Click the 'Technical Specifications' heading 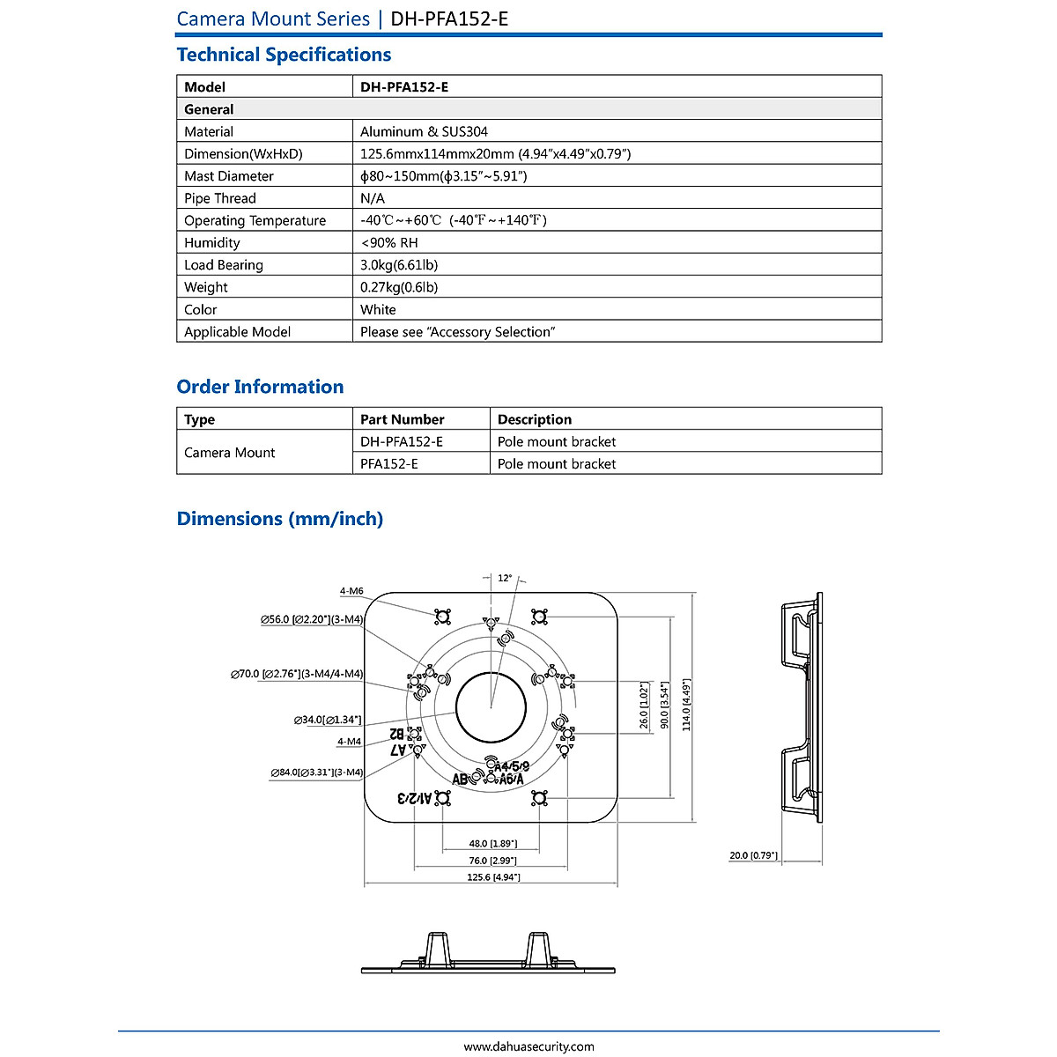[284, 55]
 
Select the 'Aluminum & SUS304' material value [424, 131]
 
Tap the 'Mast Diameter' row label [229, 176]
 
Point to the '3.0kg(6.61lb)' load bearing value [399, 265]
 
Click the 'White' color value [378, 309]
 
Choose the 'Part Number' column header [402, 419]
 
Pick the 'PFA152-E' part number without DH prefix [389, 463]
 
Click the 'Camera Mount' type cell [230, 453]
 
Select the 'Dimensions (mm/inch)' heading [280, 519]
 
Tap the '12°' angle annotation [505, 579]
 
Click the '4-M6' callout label [351, 591]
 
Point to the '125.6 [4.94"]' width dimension [493, 877]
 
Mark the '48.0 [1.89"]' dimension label [492, 844]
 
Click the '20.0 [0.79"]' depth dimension [753, 855]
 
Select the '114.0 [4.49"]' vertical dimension [686, 705]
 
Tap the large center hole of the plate [491, 707]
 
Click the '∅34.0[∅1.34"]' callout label [328, 721]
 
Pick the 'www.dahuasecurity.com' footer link [528, 1046]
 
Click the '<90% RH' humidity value [389, 243]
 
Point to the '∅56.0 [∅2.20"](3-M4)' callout [312, 620]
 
